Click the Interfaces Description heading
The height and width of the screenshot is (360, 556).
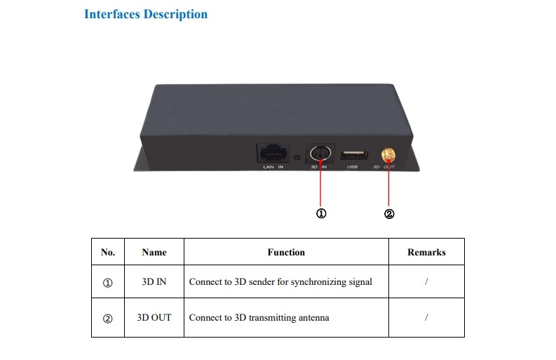point(146,14)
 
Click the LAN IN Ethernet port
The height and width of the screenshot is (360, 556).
point(272,153)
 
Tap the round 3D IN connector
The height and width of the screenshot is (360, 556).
point(320,154)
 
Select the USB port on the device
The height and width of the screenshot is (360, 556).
point(353,155)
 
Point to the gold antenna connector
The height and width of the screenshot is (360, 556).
point(388,155)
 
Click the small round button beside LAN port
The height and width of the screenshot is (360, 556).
point(297,157)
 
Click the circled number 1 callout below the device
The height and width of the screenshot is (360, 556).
point(321,213)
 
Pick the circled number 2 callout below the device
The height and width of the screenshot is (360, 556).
point(389,214)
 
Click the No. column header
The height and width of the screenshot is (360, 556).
point(108,252)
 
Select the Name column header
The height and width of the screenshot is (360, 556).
point(154,252)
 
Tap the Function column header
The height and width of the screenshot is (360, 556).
point(286,252)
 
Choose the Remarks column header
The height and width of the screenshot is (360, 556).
point(426,252)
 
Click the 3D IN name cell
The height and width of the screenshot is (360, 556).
point(154,281)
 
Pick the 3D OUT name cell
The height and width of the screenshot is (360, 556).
point(154,317)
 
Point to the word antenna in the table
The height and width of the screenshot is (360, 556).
point(314,317)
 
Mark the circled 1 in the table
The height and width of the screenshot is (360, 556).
point(107,283)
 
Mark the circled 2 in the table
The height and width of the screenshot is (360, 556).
point(107,319)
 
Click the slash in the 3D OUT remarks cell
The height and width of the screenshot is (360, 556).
point(426,317)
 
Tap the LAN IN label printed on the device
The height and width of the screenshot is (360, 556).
point(273,167)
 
